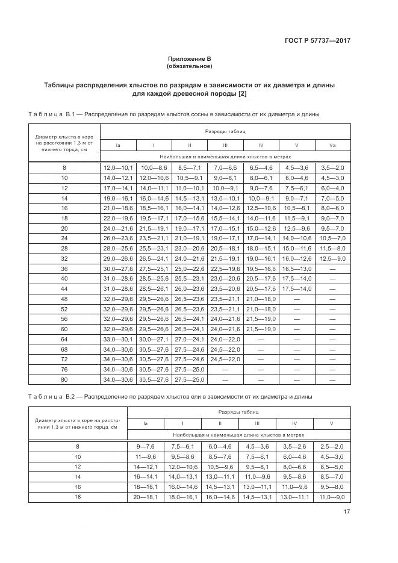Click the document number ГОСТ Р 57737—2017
coord(317,41)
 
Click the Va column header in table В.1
coord(332,145)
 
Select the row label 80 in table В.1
coord(64,379)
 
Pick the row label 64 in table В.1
coord(64,340)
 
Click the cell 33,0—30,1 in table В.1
coord(117,340)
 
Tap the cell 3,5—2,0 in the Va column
coord(332,167)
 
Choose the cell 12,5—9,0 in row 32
coord(332,258)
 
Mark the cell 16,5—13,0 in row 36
coord(297,268)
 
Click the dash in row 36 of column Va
coord(332,268)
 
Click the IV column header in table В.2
coord(294,423)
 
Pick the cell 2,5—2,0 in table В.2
coord(332,446)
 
